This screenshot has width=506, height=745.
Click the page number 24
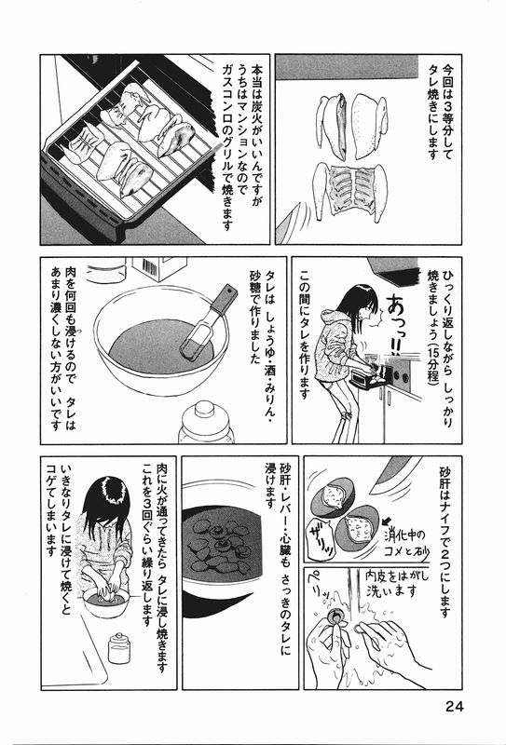click(x=454, y=706)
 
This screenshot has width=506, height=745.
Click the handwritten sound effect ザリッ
click(x=321, y=538)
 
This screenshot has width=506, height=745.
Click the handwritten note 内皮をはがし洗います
click(x=398, y=583)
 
